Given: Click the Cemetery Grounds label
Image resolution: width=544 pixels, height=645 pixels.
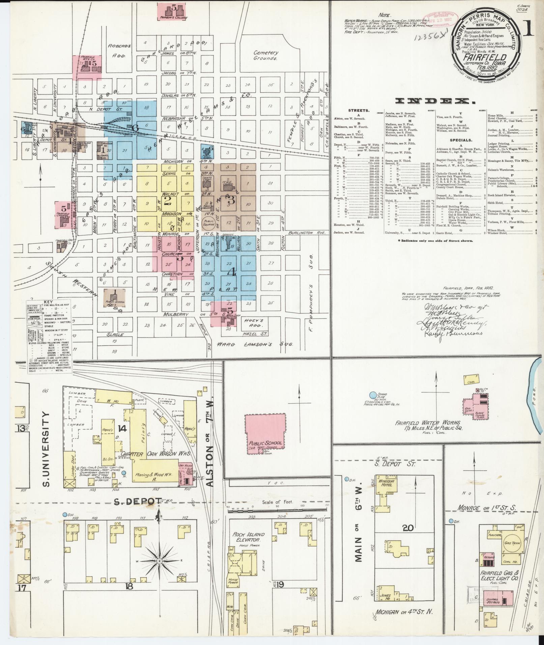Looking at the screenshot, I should [x=266, y=55].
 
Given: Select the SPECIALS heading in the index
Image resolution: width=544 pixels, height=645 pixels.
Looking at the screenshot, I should [x=461, y=140].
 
